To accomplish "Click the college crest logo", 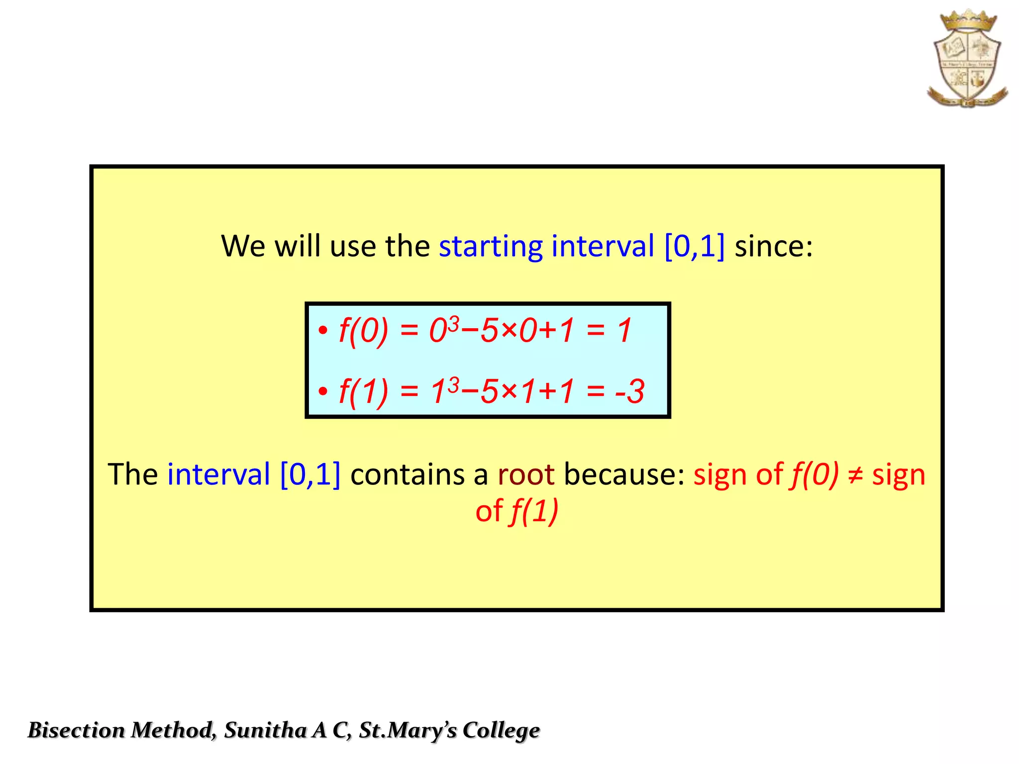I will (x=967, y=59).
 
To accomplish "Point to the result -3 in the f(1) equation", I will (x=630, y=391).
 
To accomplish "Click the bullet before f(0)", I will (x=323, y=331).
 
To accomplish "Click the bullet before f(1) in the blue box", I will (x=323, y=391).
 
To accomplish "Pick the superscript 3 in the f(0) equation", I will (x=453, y=323).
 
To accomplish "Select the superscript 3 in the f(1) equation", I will (x=453, y=384).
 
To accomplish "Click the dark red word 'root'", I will (x=526, y=475).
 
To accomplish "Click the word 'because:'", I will (x=624, y=475).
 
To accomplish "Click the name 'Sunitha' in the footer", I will (x=265, y=730).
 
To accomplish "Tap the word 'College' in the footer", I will (x=501, y=730).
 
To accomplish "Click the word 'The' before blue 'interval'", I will (x=133, y=475).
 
